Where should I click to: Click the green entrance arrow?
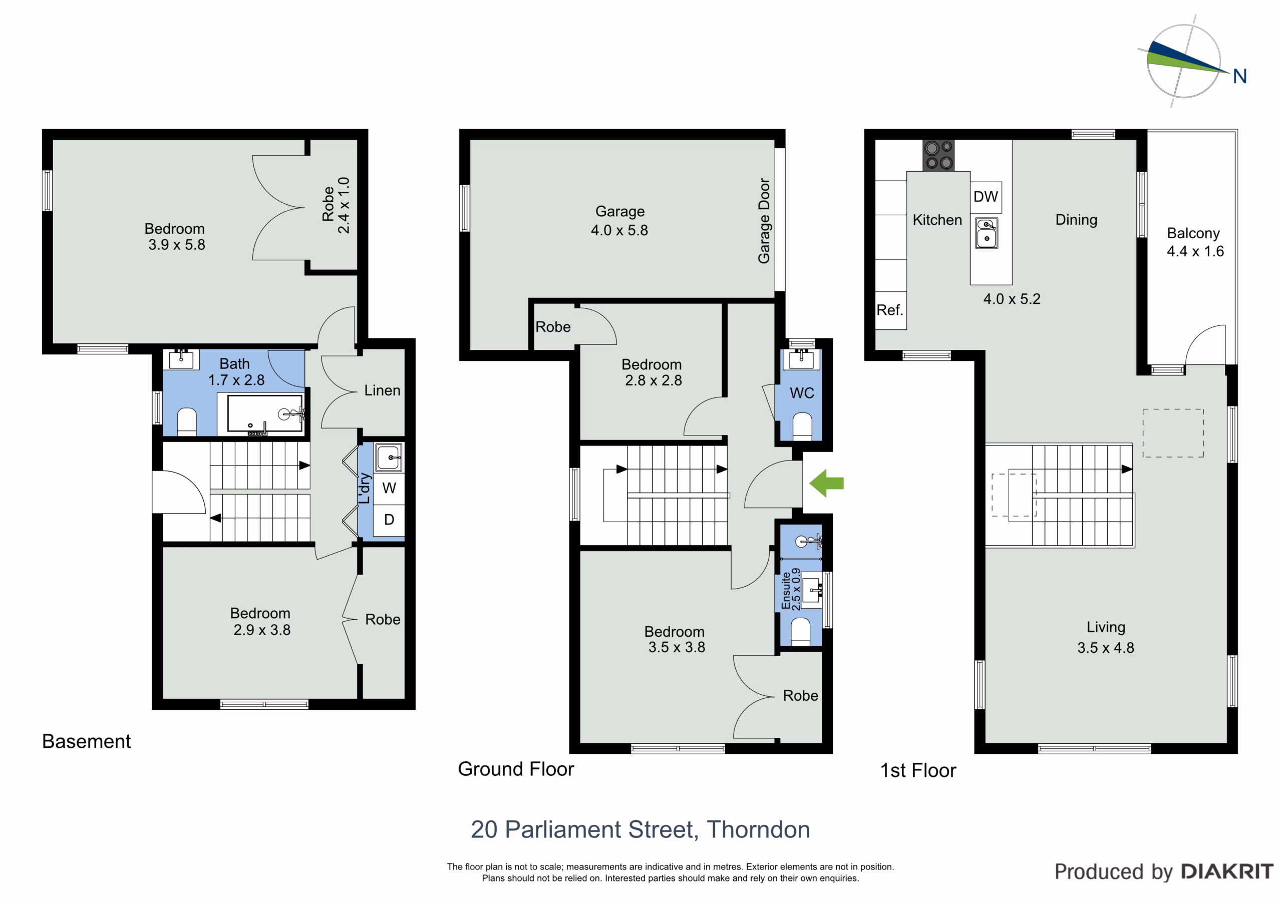tap(826, 483)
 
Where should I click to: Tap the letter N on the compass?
tap(1239, 77)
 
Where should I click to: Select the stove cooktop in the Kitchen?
tap(938, 155)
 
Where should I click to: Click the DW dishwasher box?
tap(986, 197)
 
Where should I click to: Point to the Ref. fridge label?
tap(889, 310)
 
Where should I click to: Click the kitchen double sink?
tap(987, 233)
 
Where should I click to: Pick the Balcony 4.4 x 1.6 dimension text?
tap(1195, 252)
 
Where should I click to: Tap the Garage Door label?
tap(764, 221)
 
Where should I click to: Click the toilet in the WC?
tap(802, 426)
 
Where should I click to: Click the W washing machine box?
tap(389, 489)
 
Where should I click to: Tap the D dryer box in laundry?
tap(389, 520)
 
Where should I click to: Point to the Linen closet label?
tap(383, 391)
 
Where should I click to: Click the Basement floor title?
tap(87, 742)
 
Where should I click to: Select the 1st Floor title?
tap(918, 771)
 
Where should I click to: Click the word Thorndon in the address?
tap(759, 830)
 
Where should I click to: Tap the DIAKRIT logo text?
tap(1228, 872)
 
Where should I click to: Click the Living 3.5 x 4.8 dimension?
tap(1106, 648)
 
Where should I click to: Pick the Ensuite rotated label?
tap(786, 591)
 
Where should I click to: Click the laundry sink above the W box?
tap(389, 458)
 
